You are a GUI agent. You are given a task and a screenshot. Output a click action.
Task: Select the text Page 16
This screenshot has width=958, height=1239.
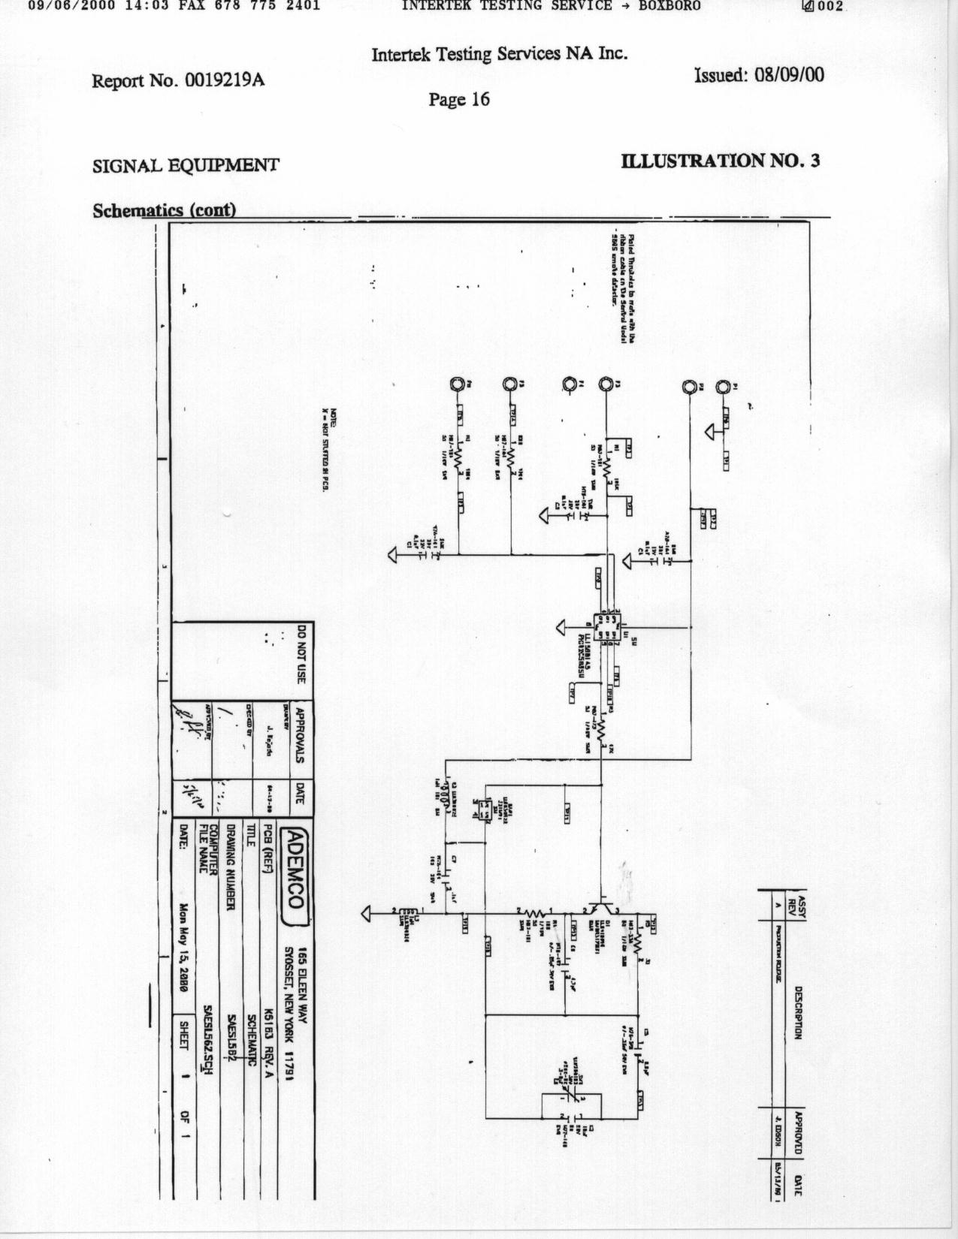459,99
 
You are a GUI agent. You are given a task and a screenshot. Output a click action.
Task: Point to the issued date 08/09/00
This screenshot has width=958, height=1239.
760,74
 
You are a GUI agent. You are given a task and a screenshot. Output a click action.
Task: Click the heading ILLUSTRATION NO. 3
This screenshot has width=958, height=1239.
721,160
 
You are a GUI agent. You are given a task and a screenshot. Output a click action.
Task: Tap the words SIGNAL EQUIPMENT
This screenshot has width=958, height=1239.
186,165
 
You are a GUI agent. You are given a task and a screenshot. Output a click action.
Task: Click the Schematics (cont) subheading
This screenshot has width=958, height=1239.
165,210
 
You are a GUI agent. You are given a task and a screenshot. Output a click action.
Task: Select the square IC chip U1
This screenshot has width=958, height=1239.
606,624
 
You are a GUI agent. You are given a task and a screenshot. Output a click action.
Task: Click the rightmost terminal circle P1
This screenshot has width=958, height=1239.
722,387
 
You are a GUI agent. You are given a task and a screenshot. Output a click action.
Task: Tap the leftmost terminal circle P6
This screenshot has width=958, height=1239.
456,384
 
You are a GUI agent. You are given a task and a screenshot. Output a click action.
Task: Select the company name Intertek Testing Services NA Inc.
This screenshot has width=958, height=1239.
499,54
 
